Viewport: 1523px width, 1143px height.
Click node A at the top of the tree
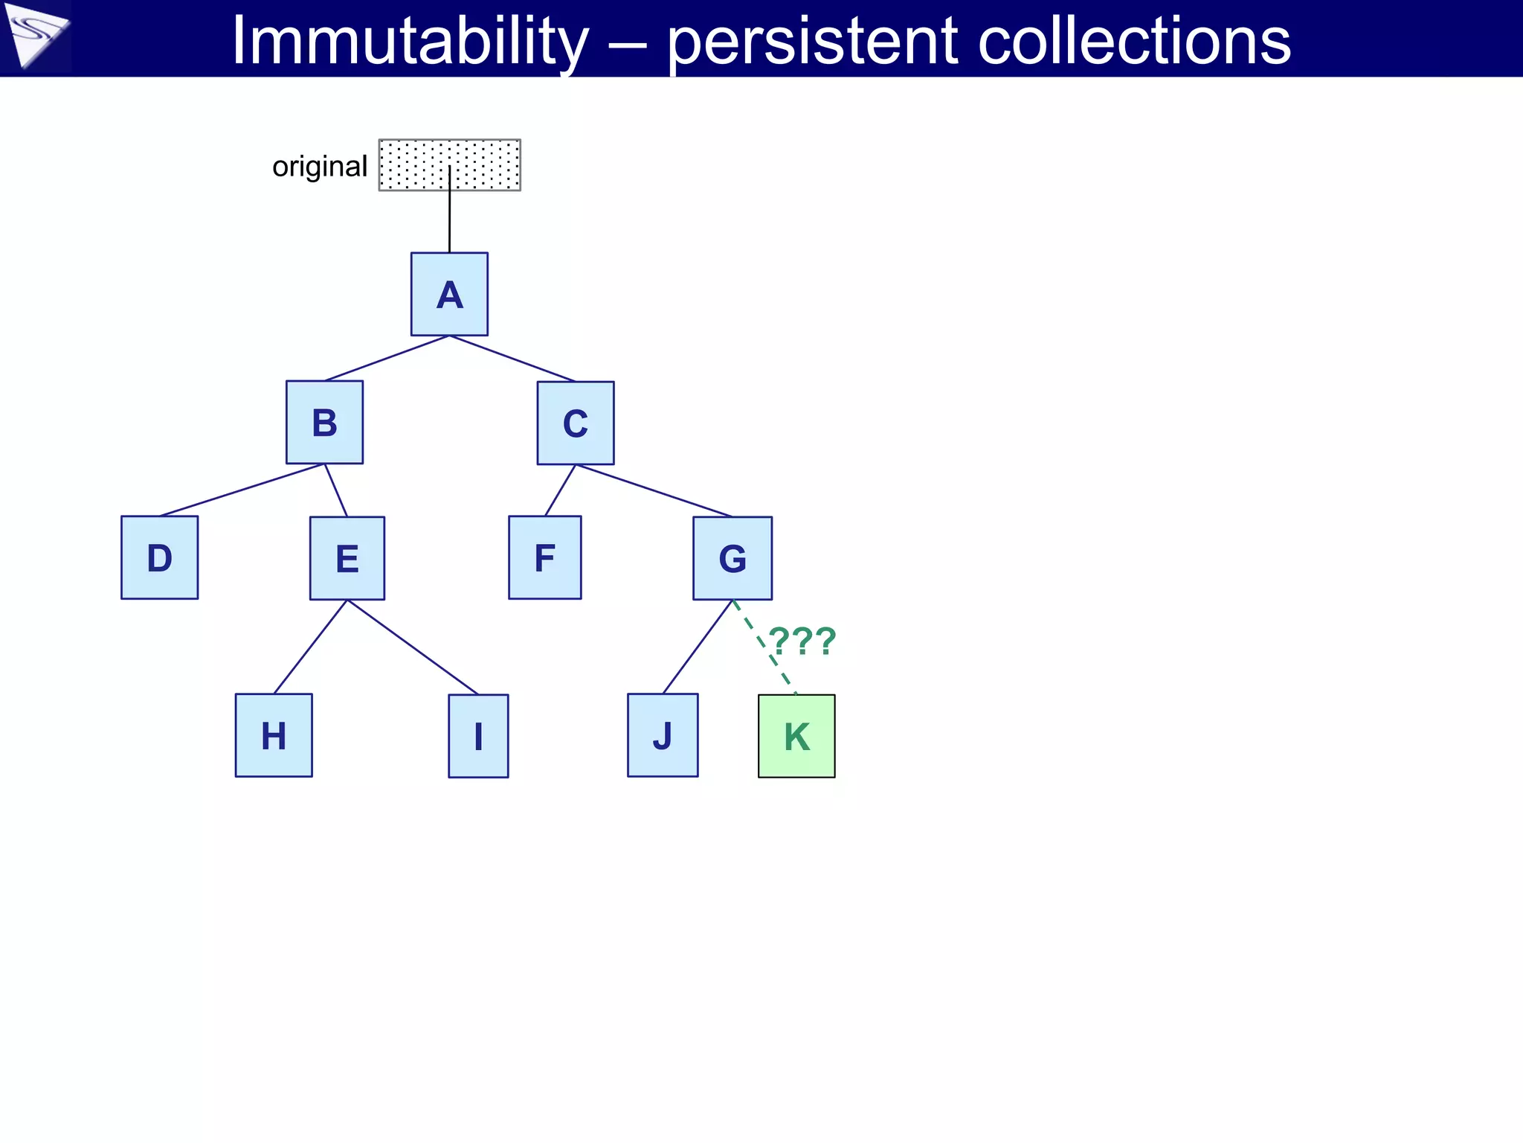tap(449, 294)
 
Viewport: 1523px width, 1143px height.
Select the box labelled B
tap(324, 422)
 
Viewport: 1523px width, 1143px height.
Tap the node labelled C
tap(576, 423)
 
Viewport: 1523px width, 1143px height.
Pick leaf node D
tap(159, 557)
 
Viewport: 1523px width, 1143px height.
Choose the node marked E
tap(347, 558)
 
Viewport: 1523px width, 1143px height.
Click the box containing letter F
tap(545, 557)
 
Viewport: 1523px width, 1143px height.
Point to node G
tap(732, 558)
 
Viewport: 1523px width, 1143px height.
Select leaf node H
tap(274, 735)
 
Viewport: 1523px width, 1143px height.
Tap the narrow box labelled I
tap(478, 736)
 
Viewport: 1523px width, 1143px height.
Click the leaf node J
tap(663, 735)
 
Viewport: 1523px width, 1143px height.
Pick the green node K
tap(796, 736)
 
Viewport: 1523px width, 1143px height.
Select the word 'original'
tap(320, 167)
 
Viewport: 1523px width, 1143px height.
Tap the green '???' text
tap(802, 641)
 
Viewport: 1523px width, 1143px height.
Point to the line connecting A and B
tap(387, 358)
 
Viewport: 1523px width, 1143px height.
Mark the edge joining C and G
tap(654, 490)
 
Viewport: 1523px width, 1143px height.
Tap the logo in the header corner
tap(36, 36)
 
